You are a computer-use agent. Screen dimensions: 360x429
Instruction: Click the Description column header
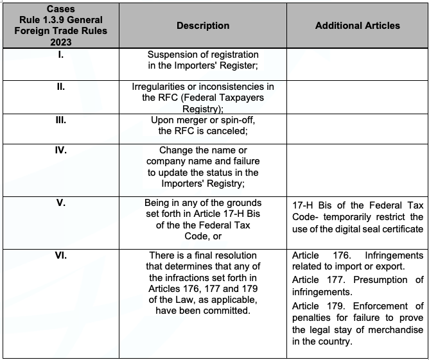[202, 26]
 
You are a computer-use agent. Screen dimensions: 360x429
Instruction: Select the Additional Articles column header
[357, 26]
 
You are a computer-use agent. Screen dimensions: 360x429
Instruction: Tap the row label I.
[60, 55]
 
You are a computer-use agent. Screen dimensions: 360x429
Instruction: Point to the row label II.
[60, 87]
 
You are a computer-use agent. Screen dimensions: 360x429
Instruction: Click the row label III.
[60, 120]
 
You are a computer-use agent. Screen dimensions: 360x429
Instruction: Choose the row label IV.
[60, 151]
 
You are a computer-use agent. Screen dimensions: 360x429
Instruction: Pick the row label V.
[60, 202]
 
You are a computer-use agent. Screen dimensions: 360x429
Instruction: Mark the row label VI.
[60, 255]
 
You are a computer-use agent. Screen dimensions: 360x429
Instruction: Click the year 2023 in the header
[60, 42]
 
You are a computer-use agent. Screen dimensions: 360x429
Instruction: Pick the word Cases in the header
[60, 10]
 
